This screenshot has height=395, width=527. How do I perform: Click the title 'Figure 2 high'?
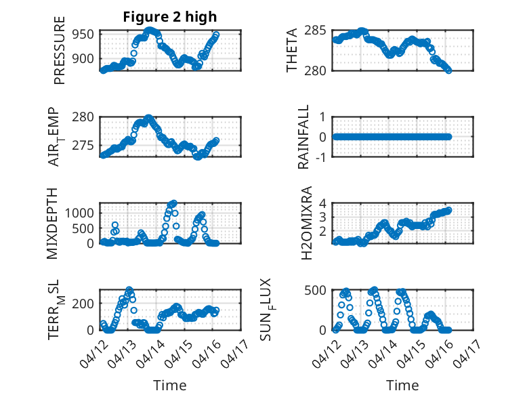(170, 17)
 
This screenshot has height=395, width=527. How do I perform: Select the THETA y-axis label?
(293, 51)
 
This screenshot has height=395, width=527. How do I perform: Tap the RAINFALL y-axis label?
(304, 138)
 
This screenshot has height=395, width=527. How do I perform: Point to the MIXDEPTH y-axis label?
(54, 223)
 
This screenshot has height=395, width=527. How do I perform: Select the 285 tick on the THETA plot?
(318, 30)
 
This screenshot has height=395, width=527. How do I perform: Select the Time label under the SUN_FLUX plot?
(402, 386)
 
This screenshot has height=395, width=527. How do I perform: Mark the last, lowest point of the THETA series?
(448, 70)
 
